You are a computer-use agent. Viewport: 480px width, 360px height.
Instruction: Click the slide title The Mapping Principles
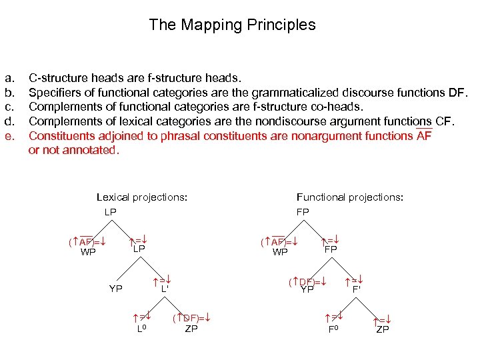(x=232, y=25)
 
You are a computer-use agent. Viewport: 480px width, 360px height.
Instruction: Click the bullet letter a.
(x=9, y=78)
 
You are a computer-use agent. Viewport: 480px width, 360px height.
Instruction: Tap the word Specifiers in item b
(x=54, y=93)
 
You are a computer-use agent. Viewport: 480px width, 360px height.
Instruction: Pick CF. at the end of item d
(x=443, y=121)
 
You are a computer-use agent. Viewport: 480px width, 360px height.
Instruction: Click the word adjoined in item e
(x=114, y=135)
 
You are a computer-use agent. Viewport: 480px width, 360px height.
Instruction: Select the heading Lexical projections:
(x=141, y=197)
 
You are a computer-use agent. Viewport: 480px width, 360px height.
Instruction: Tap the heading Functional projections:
(x=349, y=197)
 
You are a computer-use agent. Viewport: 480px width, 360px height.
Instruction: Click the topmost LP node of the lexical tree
(x=110, y=211)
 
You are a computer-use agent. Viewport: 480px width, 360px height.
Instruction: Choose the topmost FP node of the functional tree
(x=303, y=211)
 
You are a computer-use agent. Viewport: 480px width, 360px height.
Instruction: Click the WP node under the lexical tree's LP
(x=88, y=252)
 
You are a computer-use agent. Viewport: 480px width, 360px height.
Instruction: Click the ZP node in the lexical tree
(x=191, y=329)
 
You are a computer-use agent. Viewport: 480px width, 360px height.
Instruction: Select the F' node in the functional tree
(x=357, y=290)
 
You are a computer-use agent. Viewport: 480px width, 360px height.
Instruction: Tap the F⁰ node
(x=334, y=329)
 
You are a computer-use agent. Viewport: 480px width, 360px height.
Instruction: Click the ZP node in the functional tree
(x=383, y=329)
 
